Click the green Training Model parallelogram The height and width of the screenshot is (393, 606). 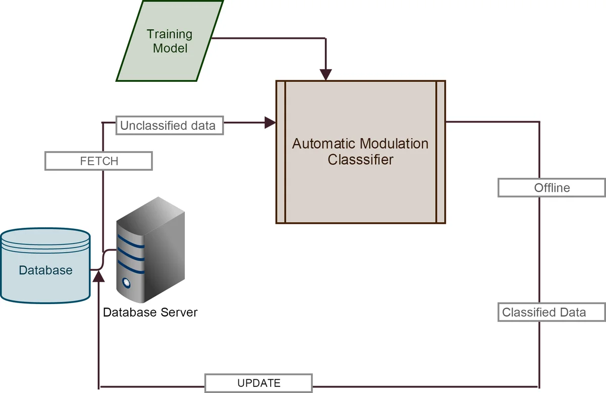click(x=169, y=41)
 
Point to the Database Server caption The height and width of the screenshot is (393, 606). click(x=150, y=312)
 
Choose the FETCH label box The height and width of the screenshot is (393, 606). click(x=98, y=161)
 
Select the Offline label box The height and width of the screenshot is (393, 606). click(x=551, y=188)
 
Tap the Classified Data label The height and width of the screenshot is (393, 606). click(x=551, y=312)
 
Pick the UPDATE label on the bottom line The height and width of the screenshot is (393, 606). click(x=259, y=383)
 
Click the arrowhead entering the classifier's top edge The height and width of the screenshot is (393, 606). click(x=326, y=75)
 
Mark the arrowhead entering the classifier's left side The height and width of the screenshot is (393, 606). click(x=270, y=122)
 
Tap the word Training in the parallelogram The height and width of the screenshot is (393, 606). click(x=169, y=34)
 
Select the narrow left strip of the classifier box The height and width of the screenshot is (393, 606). click(x=281, y=152)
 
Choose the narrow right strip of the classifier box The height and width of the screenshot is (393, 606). click(x=440, y=152)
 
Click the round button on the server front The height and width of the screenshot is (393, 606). click(x=125, y=283)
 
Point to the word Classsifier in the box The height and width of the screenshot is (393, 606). click(x=360, y=160)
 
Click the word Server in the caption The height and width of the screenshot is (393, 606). click(x=179, y=312)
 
